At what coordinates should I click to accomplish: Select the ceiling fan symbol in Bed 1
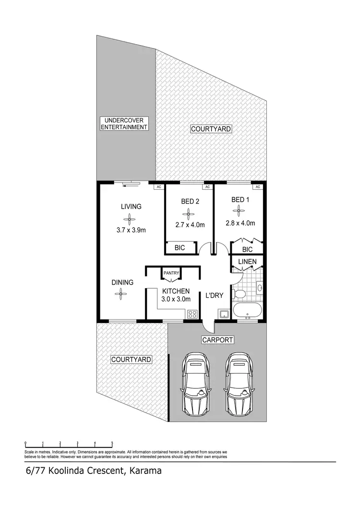click(x=239, y=210)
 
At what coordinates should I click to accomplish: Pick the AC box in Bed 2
click(x=207, y=187)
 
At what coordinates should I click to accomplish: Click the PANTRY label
click(x=171, y=273)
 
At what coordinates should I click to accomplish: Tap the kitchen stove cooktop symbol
click(x=193, y=314)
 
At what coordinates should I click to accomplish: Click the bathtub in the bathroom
click(x=247, y=310)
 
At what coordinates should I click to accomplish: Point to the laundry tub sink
click(x=223, y=315)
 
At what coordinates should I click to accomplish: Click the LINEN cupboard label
click(x=247, y=262)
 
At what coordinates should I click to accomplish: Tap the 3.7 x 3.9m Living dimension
click(x=131, y=230)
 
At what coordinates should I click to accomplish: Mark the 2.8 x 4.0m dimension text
click(x=240, y=223)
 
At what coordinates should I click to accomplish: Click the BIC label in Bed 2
click(x=180, y=248)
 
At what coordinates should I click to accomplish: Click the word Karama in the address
click(x=144, y=471)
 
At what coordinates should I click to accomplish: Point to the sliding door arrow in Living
click(x=128, y=183)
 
